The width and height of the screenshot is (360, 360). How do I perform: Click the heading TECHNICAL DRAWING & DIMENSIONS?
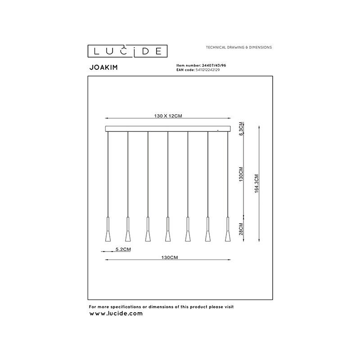[x=238, y=47]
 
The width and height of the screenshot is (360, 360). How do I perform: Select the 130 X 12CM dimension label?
[x=168, y=116]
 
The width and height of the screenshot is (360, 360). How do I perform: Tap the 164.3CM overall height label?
[x=256, y=184]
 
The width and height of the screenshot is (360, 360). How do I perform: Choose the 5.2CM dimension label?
[x=123, y=249]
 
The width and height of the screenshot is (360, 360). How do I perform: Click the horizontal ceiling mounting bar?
[x=168, y=129]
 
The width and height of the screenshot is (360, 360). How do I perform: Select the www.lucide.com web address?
[x=116, y=313]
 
